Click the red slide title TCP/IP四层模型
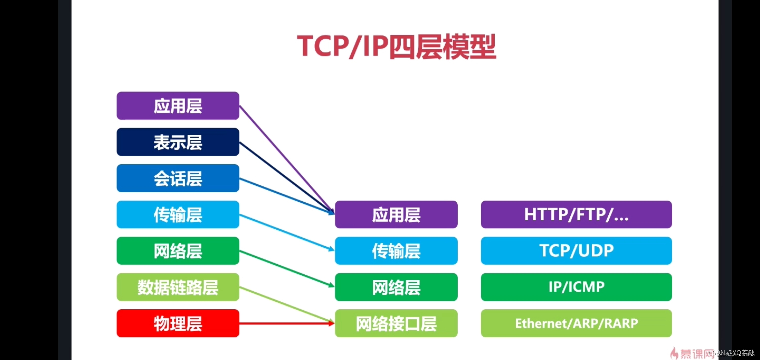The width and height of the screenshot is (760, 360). [x=396, y=47]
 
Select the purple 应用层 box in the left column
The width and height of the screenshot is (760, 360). [x=178, y=106]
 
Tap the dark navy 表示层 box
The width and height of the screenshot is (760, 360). [x=178, y=142]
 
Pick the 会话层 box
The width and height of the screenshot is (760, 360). [x=178, y=178]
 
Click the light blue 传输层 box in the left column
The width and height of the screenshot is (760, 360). [x=178, y=215]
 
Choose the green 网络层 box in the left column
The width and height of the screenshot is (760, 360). [x=178, y=251]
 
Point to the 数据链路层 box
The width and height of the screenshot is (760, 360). [x=178, y=287]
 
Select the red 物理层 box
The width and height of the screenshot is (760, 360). [x=178, y=323]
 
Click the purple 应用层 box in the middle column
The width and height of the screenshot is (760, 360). [x=396, y=215]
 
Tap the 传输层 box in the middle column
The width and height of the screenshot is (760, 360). [x=396, y=251]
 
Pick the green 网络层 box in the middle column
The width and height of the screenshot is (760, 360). [x=396, y=287]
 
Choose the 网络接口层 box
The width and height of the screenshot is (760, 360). [x=396, y=323]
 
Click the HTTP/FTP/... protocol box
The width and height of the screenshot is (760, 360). [x=576, y=215]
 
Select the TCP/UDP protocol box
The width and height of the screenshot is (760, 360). [x=576, y=251]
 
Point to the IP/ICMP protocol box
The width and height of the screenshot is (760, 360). [x=576, y=287]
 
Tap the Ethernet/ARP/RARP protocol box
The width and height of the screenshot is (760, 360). [x=576, y=323]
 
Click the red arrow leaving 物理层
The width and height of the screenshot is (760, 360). [x=287, y=323]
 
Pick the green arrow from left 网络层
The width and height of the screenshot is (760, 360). [x=287, y=269]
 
